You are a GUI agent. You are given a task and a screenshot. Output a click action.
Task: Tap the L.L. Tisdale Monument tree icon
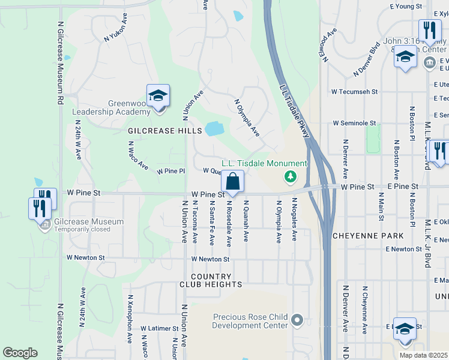click(x=291, y=176)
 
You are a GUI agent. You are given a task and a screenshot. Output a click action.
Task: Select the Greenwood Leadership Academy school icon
click(x=158, y=96)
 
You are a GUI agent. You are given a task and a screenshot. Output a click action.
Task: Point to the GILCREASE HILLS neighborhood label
click(x=160, y=130)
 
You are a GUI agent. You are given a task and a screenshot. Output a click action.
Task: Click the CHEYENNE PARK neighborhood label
click(x=368, y=236)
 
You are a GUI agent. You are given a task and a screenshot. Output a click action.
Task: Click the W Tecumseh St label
click(x=355, y=92)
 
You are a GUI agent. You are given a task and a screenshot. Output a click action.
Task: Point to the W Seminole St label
click(x=355, y=123)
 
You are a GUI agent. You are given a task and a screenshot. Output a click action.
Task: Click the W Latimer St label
click(x=159, y=328)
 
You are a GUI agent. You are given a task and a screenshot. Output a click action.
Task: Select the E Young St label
click(x=406, y=6)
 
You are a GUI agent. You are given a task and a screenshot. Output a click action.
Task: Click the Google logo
click(x=20, y=353)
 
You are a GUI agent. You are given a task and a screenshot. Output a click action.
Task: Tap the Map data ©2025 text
click(x=423, y=355)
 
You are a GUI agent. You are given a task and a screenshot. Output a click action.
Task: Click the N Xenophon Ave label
click(x=130, y=318)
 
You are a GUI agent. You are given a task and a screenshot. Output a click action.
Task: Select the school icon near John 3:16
click(x=406, y=58)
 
